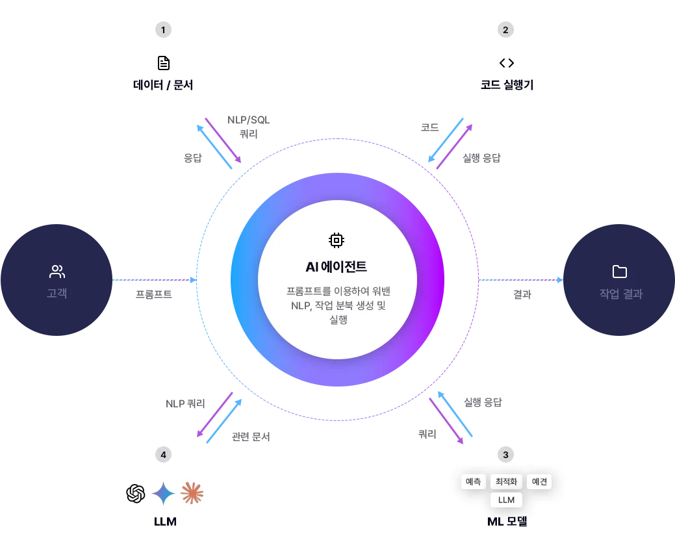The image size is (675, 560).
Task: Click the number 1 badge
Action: [x=163, y=30]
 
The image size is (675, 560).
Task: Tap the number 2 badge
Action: [x=506, y=30]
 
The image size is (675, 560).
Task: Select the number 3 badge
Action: [x=506, y=454]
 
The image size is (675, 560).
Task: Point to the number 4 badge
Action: [x=163, y=454]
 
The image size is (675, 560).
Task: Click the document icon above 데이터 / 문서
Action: [x=163, y=63]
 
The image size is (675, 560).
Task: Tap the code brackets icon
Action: [x=507, y=63]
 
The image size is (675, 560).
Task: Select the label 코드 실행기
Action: [x=507, y=84]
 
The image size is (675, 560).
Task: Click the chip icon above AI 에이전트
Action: [x=336, y=240]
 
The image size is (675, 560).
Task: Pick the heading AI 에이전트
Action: [x=336, y=266]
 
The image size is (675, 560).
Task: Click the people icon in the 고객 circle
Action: [x=57, y=272]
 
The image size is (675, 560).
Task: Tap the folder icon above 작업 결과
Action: [x=620, y=272]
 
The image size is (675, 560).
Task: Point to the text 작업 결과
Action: [x=620, y=294]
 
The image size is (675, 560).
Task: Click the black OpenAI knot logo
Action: [x=135, y=494]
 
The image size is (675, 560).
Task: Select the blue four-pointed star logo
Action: [x=163, y=494]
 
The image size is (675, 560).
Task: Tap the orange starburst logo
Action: [x=192, y=494]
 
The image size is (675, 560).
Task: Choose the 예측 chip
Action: [x=472, y=482]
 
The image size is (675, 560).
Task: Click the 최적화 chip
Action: [x=506, y=482]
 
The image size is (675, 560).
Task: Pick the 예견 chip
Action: [x=539, y=482]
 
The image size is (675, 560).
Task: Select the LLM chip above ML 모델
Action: [x=506, y=500]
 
